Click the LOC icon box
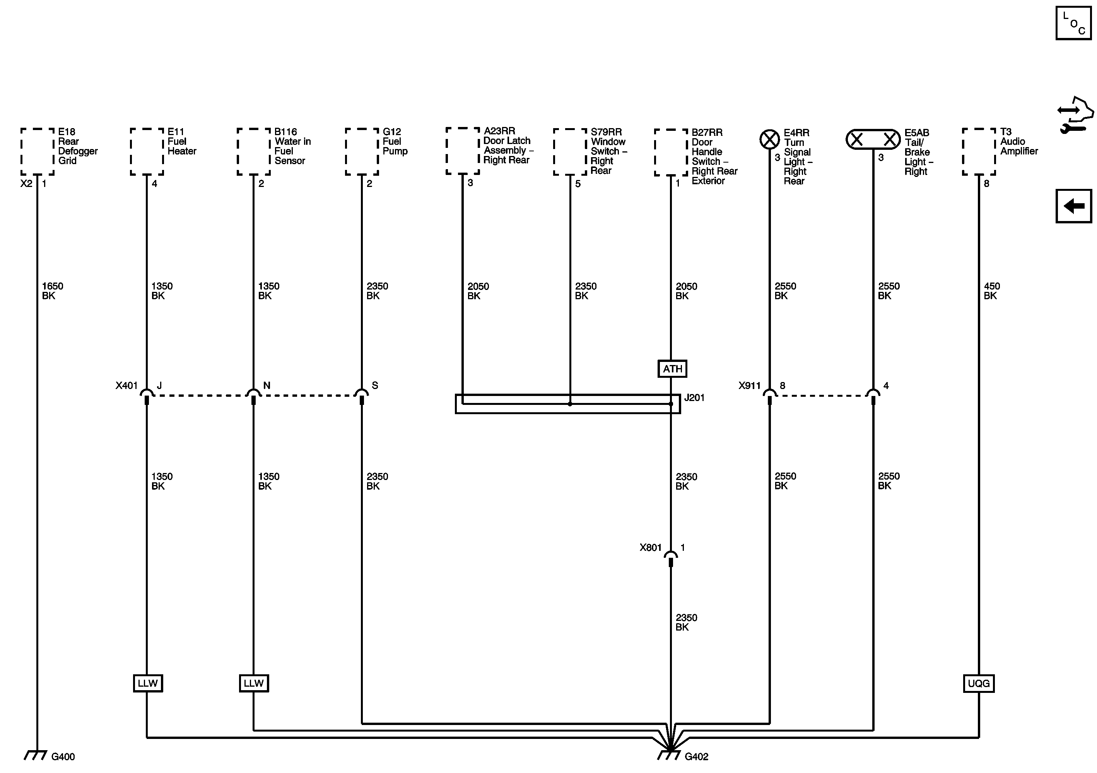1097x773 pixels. [1073, 23]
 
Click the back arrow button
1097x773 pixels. [1073, 206]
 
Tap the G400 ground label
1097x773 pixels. [63, 757]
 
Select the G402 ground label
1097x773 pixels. [696, 757]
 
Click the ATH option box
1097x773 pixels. [672, 369]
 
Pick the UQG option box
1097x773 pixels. [979, 683]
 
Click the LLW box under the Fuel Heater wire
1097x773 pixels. [148, 683]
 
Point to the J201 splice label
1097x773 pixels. [694, 398]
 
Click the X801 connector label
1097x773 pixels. [650, 547]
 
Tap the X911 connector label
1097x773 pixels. [749, 385]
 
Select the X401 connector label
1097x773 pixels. [126, 385]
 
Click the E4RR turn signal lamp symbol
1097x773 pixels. [769, 140]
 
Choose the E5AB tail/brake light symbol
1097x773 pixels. [873, 140]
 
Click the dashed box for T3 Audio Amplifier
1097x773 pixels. [979, 151]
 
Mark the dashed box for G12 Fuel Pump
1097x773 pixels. [362, 151]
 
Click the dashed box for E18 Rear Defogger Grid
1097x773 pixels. [37, 151]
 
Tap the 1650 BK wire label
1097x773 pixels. [52, 291]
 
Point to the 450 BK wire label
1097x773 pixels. [991, 291]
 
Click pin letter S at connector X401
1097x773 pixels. [374, 385]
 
